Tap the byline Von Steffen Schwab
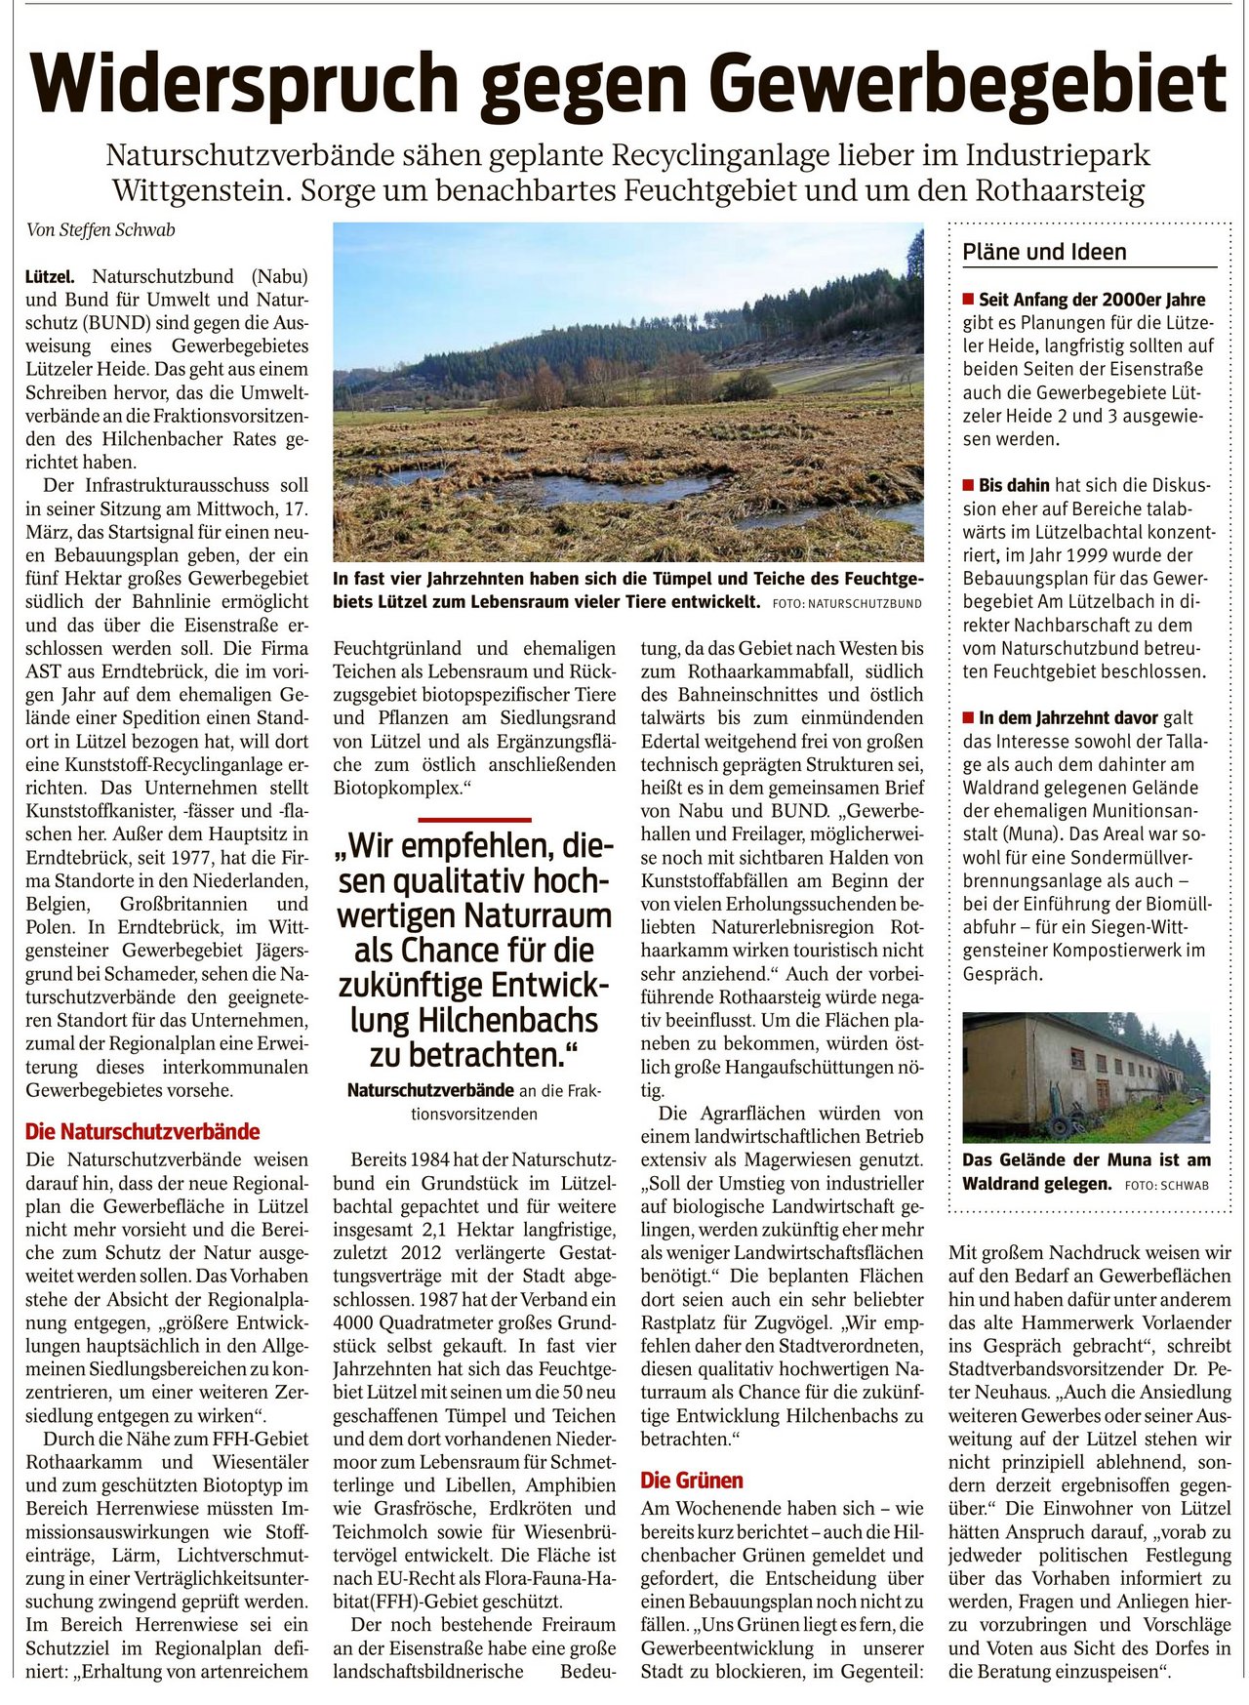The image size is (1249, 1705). point(101,231)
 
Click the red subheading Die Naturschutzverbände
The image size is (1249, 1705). point(142,1132)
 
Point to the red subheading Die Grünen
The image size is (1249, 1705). point(692,1481)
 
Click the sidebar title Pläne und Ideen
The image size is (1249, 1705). point(1044,252)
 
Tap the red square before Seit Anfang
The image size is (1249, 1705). point(968,299)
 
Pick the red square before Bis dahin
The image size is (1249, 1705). point(968,485)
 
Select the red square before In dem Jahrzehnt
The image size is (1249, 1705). point(968,718)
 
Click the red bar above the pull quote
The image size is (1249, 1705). point(474,819)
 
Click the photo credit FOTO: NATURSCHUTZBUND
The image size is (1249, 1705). point(846,603)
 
